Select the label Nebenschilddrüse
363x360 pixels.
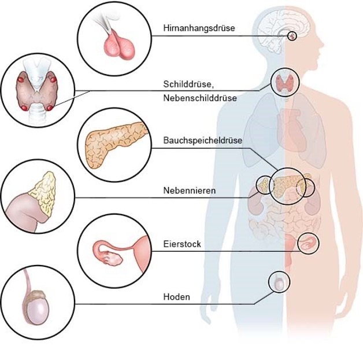(199, 98)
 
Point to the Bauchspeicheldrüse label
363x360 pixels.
(202, 141)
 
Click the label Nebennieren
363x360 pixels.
(190, 190)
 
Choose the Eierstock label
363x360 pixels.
(182, 244)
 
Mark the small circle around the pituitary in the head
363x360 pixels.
(292, 36)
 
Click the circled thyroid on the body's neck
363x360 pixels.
(285, 83)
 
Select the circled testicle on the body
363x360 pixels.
(279, 282)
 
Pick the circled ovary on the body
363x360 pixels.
(308, 244)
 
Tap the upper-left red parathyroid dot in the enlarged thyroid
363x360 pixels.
(22, 78)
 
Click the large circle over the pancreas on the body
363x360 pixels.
(285, 184)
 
